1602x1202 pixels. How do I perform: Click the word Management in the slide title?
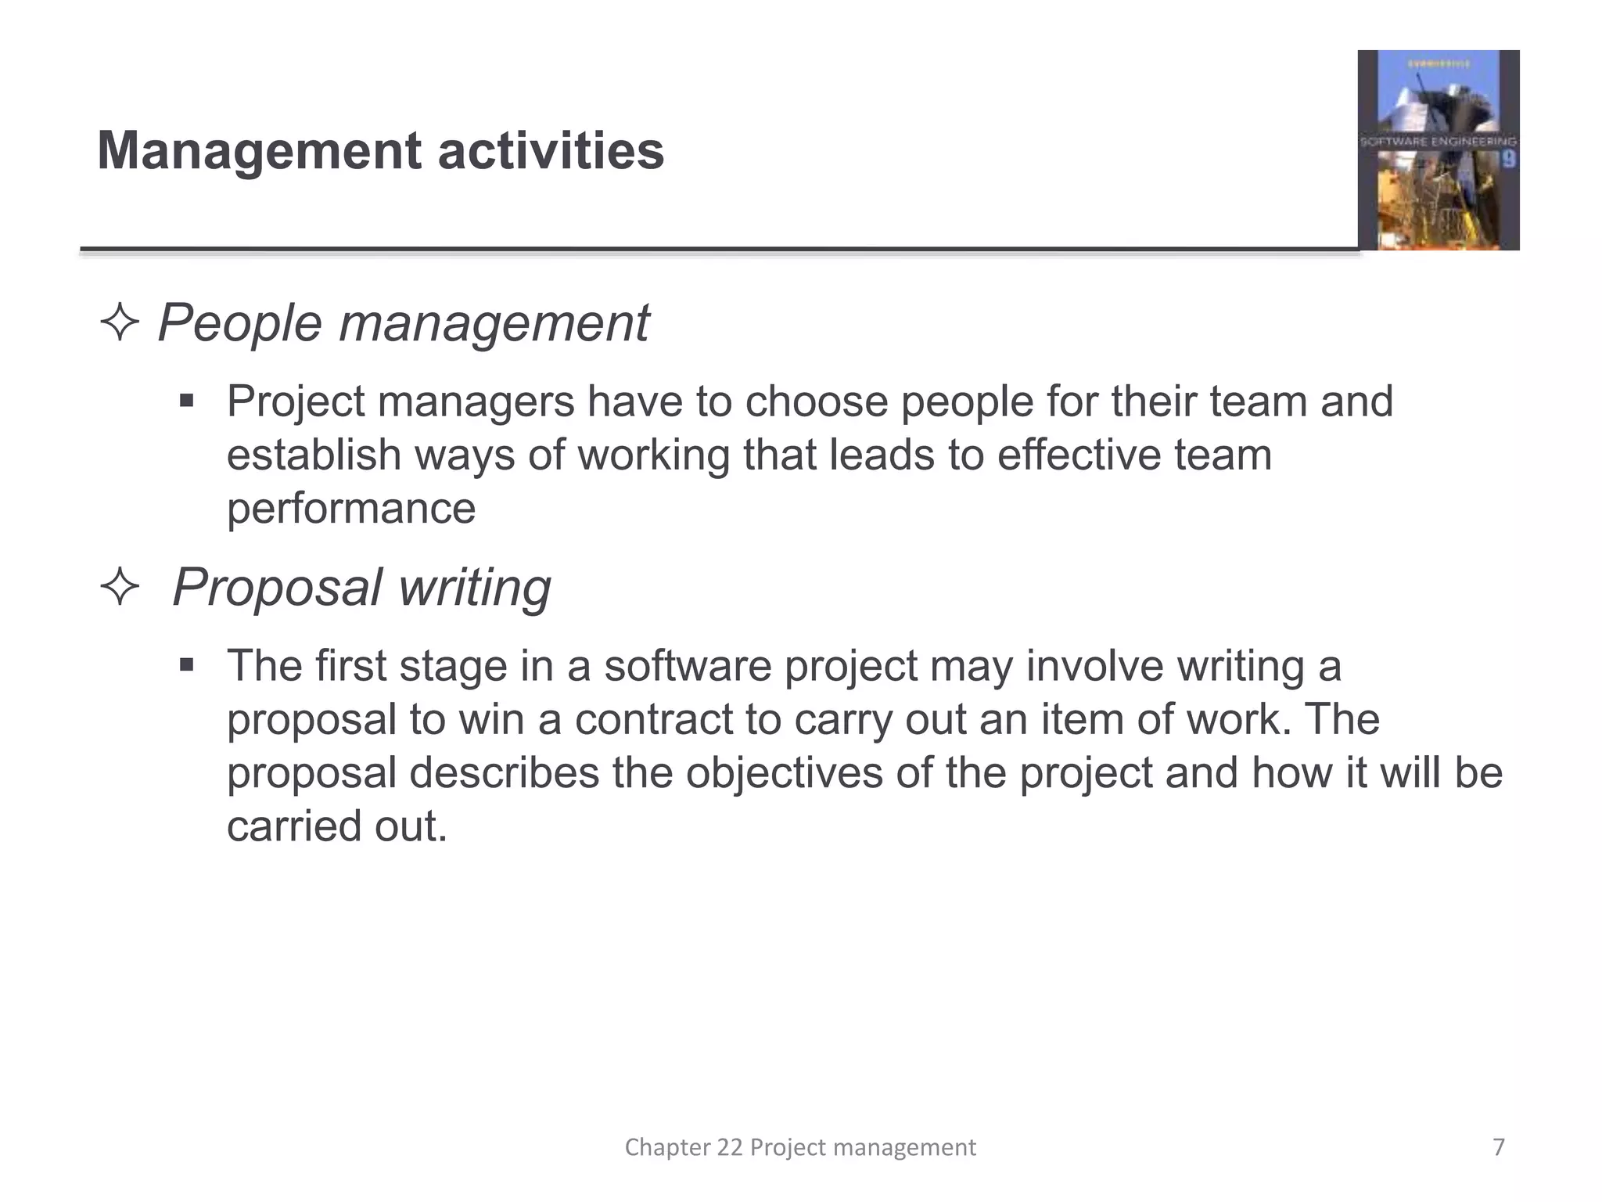coord(259,151)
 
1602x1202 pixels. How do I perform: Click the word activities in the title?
coord(551,151)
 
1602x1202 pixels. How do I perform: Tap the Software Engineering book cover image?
coord(1438,150)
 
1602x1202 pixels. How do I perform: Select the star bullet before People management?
coord(120,323)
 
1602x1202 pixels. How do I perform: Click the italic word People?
coord(239,323)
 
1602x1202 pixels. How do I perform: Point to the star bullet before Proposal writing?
coord(120,588)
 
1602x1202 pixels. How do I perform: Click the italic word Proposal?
coord(277,588)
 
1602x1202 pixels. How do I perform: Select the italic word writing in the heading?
coord(474,588)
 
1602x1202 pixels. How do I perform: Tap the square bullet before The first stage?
coord(186,666)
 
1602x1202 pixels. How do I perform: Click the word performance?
coord(351,509)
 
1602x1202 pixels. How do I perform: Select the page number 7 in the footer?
coord(1499,1147)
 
